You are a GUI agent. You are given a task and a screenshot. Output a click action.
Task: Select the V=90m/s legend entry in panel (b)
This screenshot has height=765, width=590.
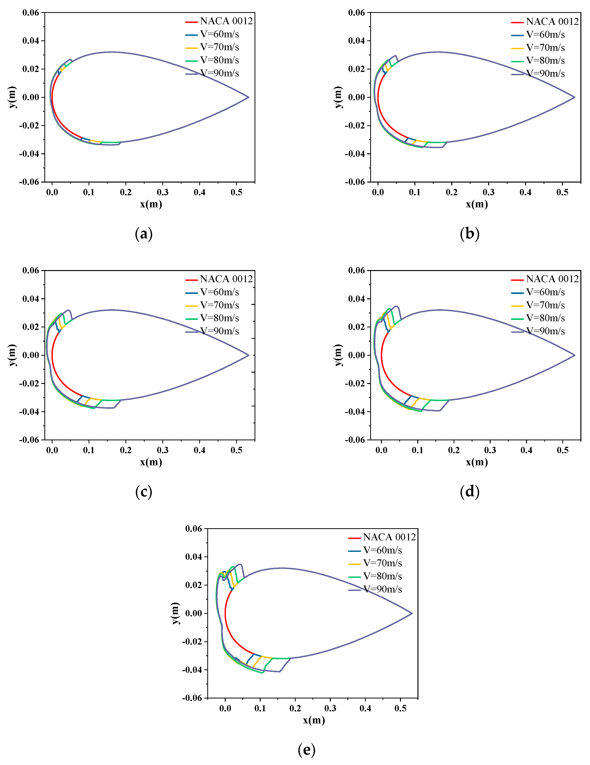coord(545,73)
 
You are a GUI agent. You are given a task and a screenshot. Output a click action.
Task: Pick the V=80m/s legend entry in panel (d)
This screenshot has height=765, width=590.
coord(545,318)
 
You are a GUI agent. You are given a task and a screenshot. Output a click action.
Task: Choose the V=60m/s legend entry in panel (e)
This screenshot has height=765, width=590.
coord(382,550)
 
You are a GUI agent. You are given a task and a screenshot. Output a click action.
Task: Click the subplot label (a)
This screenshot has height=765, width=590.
coord(144,234)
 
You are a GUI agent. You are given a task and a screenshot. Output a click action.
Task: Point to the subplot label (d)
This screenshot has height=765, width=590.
coord(469,491)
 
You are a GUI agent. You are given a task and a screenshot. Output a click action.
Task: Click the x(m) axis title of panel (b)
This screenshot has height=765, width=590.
coord(477,204)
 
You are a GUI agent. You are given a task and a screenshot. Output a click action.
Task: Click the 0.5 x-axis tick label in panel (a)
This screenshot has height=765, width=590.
coord(236,192)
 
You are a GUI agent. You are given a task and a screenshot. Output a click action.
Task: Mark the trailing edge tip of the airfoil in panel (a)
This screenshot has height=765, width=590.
coord(249,97)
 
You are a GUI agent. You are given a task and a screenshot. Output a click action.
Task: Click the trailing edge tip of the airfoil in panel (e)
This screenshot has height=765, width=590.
coord(412,613)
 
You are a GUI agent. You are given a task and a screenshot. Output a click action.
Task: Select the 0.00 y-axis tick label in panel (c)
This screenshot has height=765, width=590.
coord(31,355)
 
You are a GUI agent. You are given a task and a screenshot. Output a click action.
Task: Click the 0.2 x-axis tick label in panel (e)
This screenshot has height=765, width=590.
coord(295,708)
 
